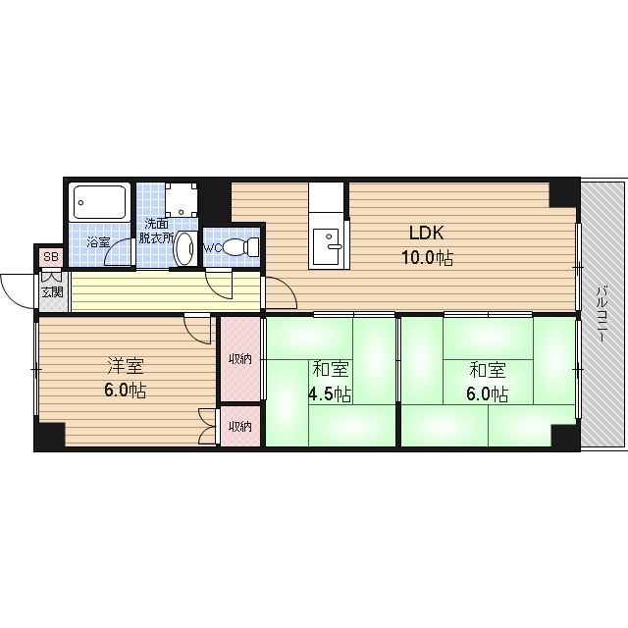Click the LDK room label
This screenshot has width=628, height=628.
pyautogui.click(x=426, y=233)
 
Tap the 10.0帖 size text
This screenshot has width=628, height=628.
pyautogui.click(x=428, y=257)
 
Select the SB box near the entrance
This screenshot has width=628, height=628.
pyautogui.click(x=51, y=257)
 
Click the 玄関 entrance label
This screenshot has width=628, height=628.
pyautogui.click(x=52, y=292)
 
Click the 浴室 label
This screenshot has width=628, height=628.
pyautogui.click(x=98, y=242)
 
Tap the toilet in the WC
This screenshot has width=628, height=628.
pyautogui.click(x=241, y=246)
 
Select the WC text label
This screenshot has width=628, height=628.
pyautogui.click(x=213, y=248)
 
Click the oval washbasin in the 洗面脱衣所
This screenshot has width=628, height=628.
pyautogui.click(x=184, y=248)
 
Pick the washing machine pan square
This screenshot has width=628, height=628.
pyautogui.click(x=182, y=199)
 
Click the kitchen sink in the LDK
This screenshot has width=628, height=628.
pyautogui.click(x=327, y=246)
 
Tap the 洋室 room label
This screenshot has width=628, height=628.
pyautogui.click(x=126, y=366)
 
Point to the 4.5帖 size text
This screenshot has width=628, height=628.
pyautogui.click(x=330, y=394)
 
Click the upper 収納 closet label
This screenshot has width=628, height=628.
pyautogui.click(x=239, y=359)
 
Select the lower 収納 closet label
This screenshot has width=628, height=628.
pyautogui.click(x=239, y=427)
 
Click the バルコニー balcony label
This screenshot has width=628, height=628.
pyautogui.click(x=601, y=313)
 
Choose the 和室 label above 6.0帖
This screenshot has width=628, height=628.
pyautogui.click(x=488, y=370)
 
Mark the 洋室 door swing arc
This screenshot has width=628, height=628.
pyautogui.click(x=194, y=336)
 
